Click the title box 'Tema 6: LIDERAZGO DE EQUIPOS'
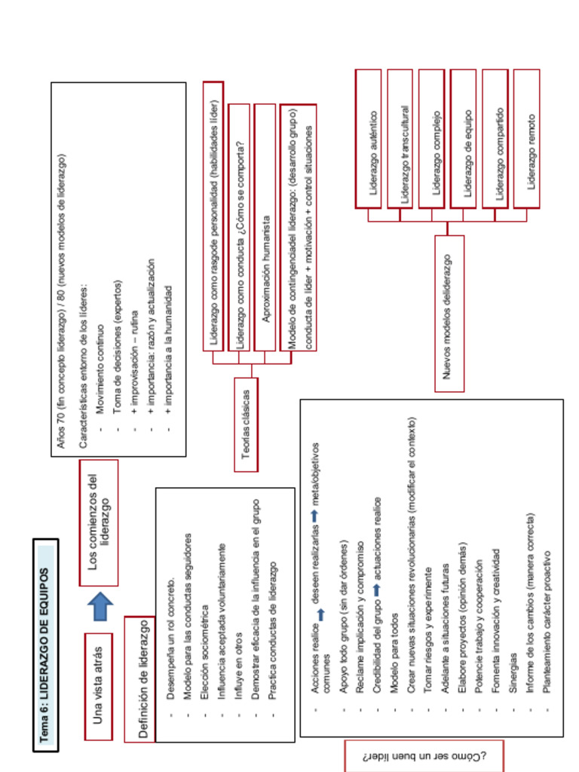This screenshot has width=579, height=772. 45,645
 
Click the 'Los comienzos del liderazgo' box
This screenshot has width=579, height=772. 99,522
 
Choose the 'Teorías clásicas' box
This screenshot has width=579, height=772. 246,424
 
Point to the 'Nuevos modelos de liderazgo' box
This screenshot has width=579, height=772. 449,314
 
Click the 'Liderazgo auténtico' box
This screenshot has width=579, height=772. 368,139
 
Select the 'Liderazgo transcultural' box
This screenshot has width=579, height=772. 400,139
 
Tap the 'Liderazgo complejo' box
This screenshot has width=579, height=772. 432,139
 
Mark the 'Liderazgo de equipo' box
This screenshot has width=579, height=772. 464,139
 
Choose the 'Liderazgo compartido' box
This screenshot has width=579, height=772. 495,139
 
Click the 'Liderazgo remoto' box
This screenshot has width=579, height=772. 527,139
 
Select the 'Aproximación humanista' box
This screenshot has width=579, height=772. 265,227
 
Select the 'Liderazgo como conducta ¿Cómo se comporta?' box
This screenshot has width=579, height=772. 239,227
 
